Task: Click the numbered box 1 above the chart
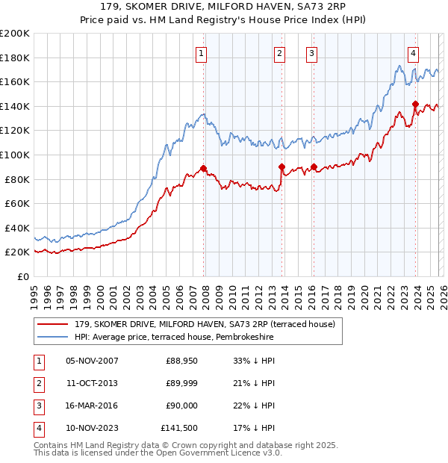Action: tap(202, 53)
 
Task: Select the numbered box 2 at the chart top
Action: tap(279, 53)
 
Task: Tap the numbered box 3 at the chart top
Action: tap(311, 53)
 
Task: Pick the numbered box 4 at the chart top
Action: tap(413, 53)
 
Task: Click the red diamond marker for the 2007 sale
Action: tap(203, 168)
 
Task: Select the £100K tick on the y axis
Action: tap(15, 155)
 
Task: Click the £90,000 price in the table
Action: tap(181, 405)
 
